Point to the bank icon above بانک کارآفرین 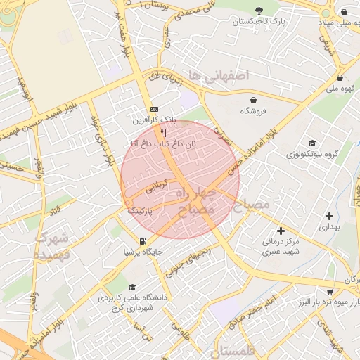tap(154, 110)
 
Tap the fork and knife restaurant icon tap(163, 132)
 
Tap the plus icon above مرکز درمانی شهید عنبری tap(281, 231)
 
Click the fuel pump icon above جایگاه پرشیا tap(143, 241)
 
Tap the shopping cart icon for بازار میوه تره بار tap(329, 291)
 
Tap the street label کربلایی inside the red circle tap(157, 186)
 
